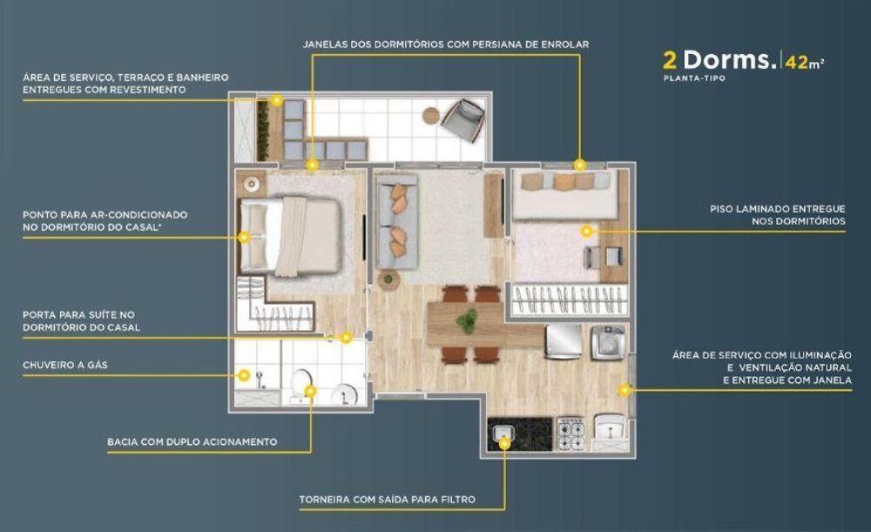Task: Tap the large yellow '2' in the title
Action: click(670, 60)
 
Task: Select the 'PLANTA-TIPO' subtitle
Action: click(693, 78)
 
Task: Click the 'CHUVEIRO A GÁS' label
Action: click(64, 365)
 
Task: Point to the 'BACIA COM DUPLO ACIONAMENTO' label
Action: click(192, 442)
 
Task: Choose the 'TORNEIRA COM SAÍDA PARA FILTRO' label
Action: click(387, 500)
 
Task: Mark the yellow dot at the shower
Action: click(244, 376)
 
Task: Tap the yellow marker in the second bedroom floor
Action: click(586, 231)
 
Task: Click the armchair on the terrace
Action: click(463, 118)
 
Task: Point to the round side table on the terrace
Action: click(431, 115)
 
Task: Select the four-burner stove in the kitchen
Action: click(571, 432)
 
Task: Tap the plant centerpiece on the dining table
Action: click(468, 320)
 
